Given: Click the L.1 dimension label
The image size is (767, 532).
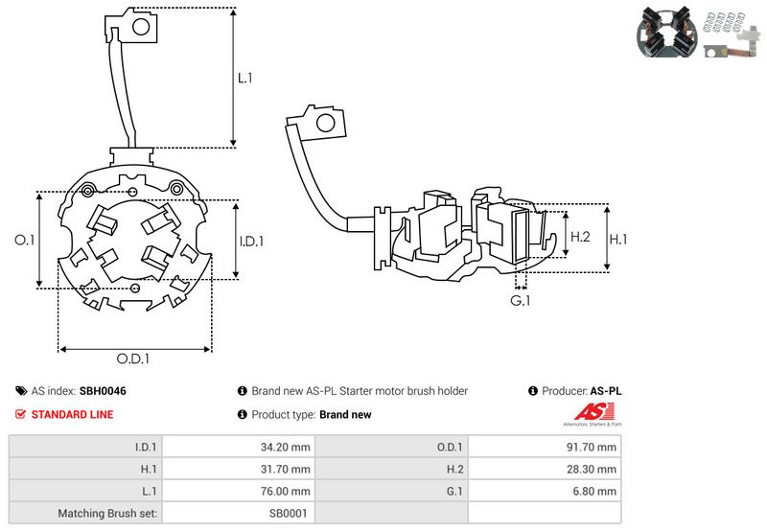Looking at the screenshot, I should point(245,78).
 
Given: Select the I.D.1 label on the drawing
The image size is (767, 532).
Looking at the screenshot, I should point(250,242).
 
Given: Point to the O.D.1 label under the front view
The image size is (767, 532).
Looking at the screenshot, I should point(134,359).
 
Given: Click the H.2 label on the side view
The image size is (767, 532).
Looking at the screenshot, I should point(580,237).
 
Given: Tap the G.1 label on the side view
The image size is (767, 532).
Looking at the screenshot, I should point(521,302).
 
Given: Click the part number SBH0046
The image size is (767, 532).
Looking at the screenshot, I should point(103,391).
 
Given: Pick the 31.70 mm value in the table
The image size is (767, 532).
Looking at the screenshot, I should point(284,470).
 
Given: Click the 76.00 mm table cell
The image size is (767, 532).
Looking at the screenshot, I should point(284,492).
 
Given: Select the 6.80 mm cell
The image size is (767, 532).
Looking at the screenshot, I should point(595,492).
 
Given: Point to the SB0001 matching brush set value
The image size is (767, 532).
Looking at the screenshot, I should point(288,514).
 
